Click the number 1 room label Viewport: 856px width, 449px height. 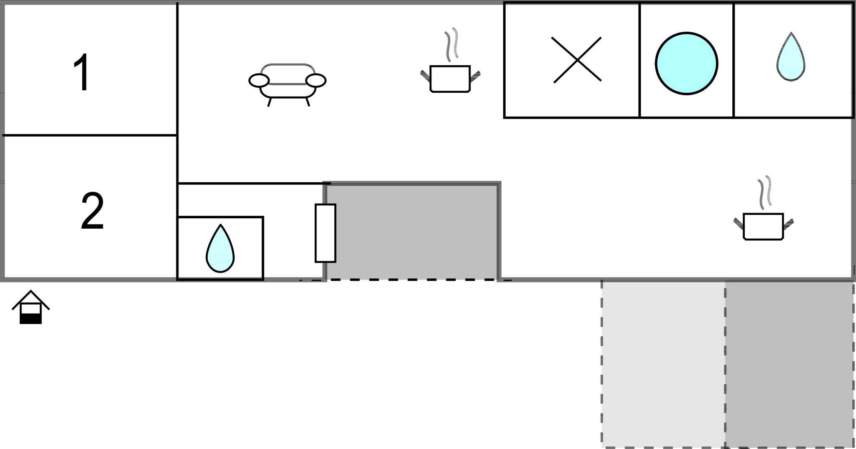(82, 72)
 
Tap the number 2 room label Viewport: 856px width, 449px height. (92, 211)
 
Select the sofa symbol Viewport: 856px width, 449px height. (288, 85)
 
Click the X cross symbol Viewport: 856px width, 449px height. (577, 60)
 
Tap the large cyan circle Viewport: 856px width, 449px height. (686, 64)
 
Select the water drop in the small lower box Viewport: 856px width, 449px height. (220, 249)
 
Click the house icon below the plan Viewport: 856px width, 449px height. (31, 307)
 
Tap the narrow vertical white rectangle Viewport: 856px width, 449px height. (325, 233)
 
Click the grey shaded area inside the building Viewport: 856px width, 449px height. (412, 232)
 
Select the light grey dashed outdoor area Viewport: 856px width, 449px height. (663, 364)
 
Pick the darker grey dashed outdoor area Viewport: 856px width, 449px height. (789, 364)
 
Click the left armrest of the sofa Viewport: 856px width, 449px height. (259, 81)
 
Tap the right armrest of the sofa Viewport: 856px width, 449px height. (316, 81)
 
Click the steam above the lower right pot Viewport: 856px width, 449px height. (765, 192)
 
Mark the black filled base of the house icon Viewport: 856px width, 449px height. (31, 319)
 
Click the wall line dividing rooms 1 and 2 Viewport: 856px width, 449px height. (90, 135)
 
